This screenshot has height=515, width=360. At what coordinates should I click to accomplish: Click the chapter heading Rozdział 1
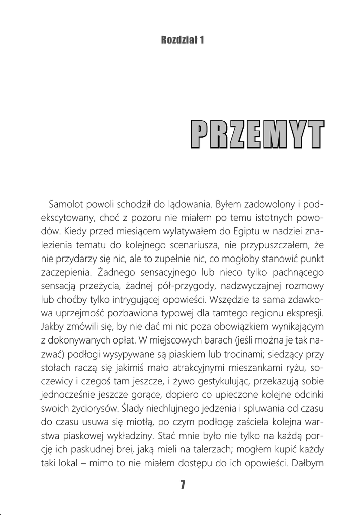pos(180,41)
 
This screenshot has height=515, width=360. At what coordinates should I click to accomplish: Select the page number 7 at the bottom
pos(183,485)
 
